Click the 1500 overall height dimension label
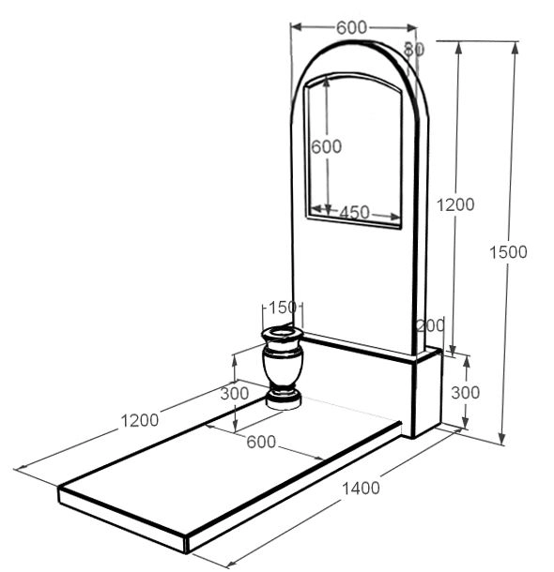(508, 252)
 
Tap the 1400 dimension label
(361, 488)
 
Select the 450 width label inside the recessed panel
(354, 212)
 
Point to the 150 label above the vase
(283, 308)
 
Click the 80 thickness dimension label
(414, 49)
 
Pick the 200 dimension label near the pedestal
(431, 325)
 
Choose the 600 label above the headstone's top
(351, 28)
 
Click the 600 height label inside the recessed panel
(327, 146)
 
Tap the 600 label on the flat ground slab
(261, 443)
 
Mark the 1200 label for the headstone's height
(455, 204)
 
